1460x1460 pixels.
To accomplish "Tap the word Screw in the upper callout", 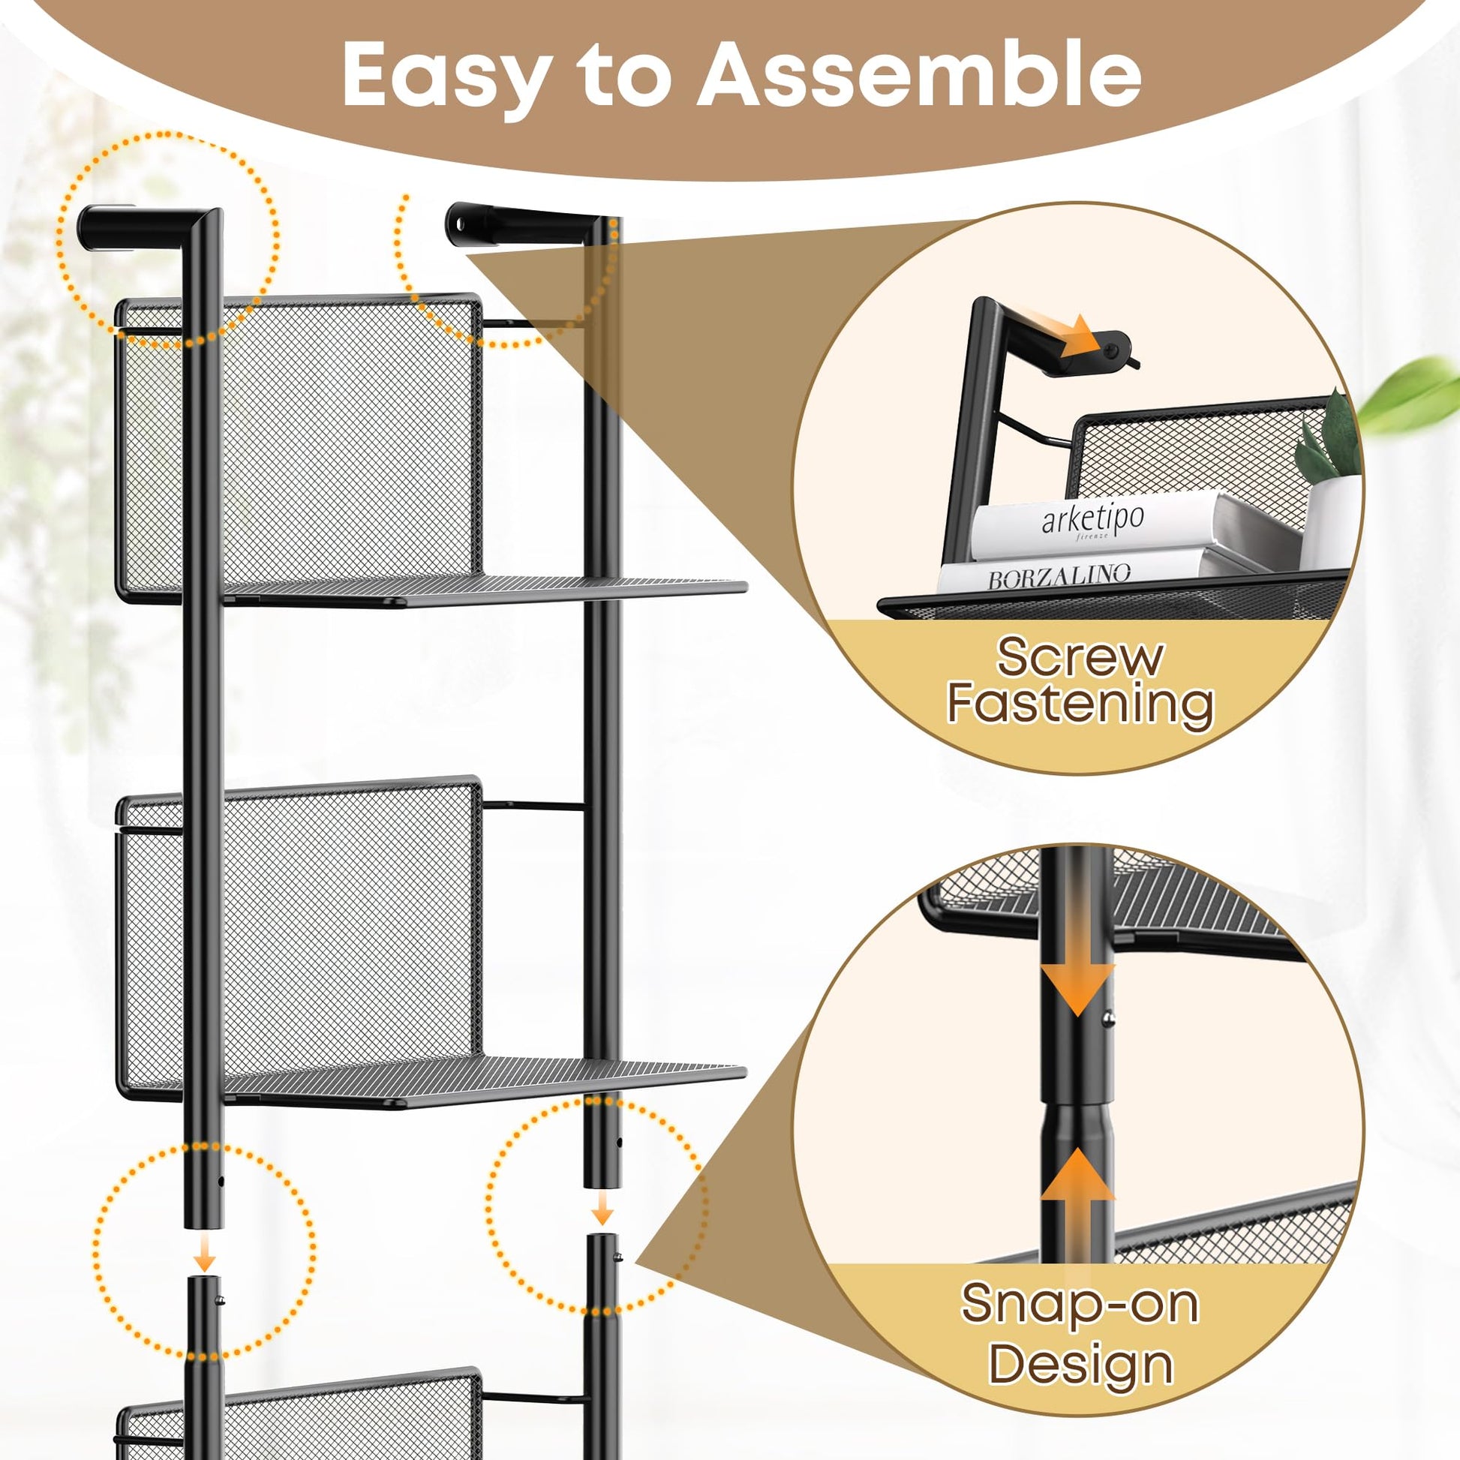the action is [1079, 656].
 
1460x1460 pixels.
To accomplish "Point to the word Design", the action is [1080, 1365].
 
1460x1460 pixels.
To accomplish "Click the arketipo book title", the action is [1092, 520].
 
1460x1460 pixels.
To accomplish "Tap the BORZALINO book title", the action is [1059, 576].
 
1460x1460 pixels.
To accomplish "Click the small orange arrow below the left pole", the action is [204, 1255].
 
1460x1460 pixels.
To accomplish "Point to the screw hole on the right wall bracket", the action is [456, 222].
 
